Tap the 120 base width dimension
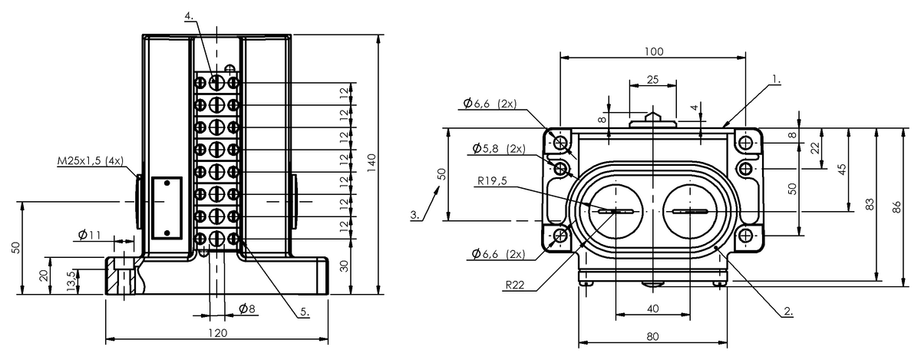pyautogui.click(x=218, y=333)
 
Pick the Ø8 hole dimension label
pyautogui.click(x=246, y=309)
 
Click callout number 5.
pyautogui.click(x=304, y=312)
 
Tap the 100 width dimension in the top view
pyautogui.click(x=653, y=51)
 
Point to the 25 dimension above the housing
pyautogui.click(x=652, y=79)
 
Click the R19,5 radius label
pyautogui.click(x=490, y=180)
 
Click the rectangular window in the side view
pyautogui.click(x=166, y=207)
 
